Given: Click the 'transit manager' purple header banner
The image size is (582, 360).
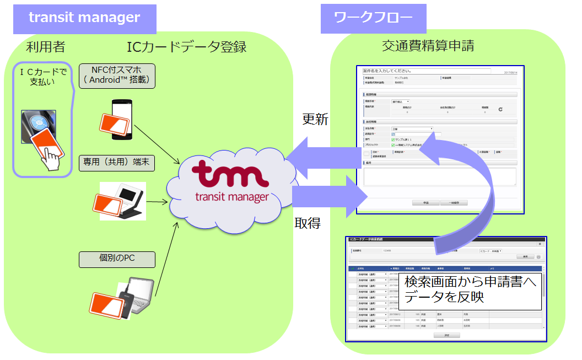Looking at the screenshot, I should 84,18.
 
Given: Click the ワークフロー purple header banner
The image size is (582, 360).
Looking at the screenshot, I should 373,18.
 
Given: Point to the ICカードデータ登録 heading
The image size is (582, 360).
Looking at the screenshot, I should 186,47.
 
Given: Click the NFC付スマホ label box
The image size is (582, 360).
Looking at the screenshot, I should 117,75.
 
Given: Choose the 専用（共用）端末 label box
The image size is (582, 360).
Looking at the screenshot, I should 116,163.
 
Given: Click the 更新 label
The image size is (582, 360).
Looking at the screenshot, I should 315,120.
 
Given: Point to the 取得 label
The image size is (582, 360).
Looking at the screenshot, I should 308,223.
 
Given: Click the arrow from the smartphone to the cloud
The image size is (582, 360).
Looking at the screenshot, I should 157,144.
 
